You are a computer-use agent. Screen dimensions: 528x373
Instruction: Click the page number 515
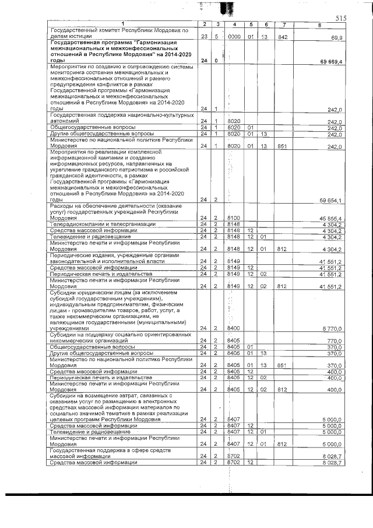341,19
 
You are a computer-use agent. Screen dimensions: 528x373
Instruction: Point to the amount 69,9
336,36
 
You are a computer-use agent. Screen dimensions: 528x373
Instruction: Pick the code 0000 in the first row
234,36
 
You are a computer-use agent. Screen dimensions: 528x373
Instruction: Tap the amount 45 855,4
330,218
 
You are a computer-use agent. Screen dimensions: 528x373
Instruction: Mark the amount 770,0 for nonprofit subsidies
335,340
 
